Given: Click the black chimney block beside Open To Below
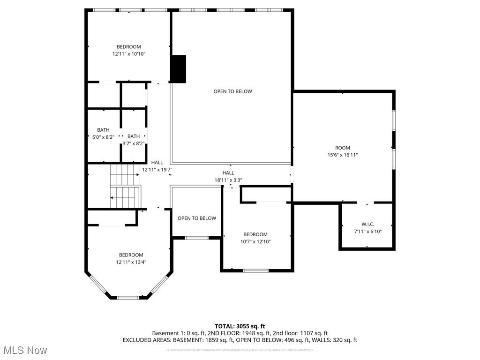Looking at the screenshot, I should point(178,69).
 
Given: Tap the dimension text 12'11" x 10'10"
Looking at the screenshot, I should point(129,54).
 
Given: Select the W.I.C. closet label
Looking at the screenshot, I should point(367,224).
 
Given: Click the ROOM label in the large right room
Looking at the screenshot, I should point(342,148).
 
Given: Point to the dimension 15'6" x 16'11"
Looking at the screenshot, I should point(343,155).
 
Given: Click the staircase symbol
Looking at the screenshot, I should point(125,186).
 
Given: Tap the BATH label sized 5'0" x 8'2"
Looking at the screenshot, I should point(103,130).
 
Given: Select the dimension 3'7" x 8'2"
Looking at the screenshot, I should point(134,144).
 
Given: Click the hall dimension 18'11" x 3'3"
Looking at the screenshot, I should point(228,180).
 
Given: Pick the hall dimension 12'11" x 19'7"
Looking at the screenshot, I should point(157,170).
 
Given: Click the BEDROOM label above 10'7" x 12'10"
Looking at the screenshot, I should point(255,234).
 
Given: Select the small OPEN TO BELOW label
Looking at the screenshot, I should point(197,218).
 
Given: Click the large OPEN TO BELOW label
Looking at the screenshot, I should point(232,91).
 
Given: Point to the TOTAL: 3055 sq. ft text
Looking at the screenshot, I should point(240,326).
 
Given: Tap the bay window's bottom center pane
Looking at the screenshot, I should point(128,297).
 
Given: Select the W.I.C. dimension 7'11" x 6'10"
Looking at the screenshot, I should point(367,232).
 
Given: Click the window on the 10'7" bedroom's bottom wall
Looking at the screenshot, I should point(256,270).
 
